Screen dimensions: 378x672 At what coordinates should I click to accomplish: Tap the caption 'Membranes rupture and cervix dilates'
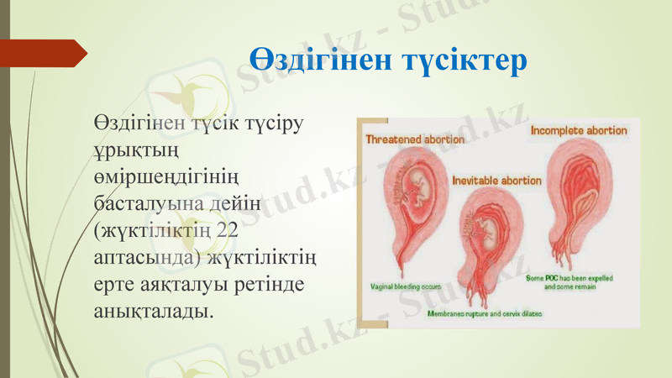[485, 313]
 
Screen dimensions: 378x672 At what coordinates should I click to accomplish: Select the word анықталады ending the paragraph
[152, 311]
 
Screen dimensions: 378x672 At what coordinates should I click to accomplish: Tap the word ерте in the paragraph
[115, 284]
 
